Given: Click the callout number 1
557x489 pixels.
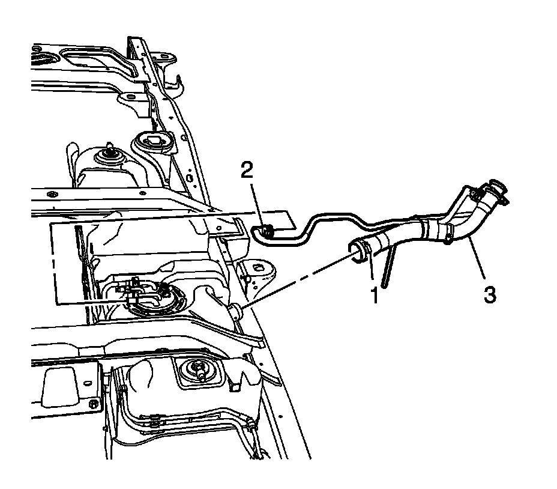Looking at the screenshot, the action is click(374, 295).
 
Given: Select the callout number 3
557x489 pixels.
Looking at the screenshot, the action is click(490, 294).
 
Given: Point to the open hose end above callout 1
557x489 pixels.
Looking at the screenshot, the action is click(359, 251).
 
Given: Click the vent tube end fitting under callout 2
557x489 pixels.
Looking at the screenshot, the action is click(265, 229).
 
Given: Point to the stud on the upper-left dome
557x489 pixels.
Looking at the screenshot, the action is click(110, 150).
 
